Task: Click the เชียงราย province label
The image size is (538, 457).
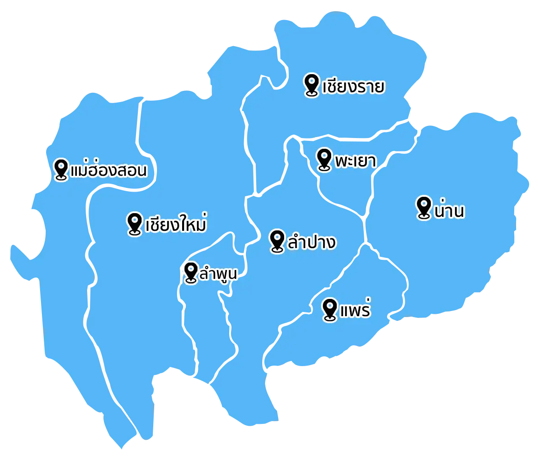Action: (353, 87)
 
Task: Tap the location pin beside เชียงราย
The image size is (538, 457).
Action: (311, 84)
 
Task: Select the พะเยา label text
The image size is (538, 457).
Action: (355, 161)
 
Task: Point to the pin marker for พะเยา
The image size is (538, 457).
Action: (324, 159)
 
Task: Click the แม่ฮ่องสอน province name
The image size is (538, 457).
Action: (109, 171)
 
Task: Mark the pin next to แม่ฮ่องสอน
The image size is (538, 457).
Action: (61, 169)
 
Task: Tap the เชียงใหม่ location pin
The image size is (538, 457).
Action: (135, 223)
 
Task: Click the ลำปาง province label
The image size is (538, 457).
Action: (312, 243)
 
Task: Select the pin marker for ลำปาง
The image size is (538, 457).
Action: (277, 241)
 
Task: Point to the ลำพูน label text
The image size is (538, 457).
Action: (218, 274)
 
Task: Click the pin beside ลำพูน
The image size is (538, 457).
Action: (191, 272)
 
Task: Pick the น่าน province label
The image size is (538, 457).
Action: (449, 211)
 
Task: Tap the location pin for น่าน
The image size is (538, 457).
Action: (423, 207)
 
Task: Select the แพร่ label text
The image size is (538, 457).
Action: (355, 311)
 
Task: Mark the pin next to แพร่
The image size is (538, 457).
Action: (330, 309)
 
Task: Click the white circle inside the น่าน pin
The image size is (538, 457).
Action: (423, 204)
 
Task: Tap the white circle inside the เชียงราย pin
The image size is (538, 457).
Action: (311, 82)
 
